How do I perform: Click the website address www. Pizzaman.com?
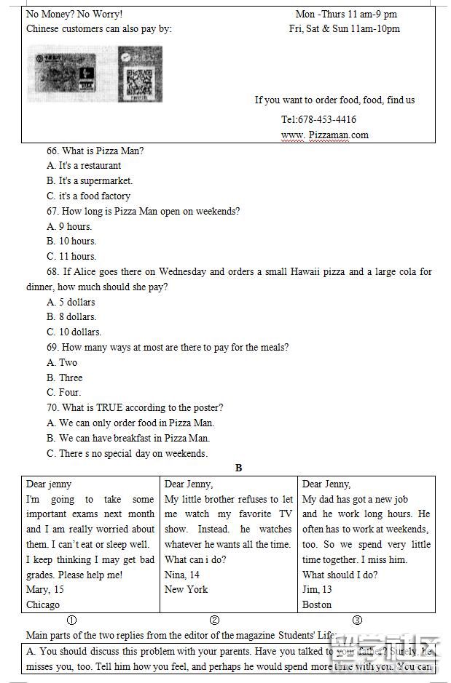pyautogui.click(x=325, y=135)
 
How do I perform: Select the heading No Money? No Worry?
pyautogui.click(x=74, y=14)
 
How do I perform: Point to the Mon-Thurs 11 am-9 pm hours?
pyautogui.click(x=346, y=14)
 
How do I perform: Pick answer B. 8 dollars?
pyautogui.click(x=71, y=316)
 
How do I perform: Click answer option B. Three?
pyautogui.click(x=65, y=378)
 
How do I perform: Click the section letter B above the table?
pyautogui.click(x=238, y=468)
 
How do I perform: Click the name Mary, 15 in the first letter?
pyautogui.click(x=45, y=589)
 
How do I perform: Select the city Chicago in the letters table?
pyautogui.click(x=43, y=604)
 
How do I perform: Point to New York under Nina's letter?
pyautogui.click(x=186, y=589)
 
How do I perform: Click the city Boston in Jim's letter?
pyautogui.click(x=317, y=604)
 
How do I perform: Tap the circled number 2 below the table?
pyautogui.click(x=214, y=620)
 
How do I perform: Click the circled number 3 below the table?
pyautogui.click(x=357, y=620)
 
